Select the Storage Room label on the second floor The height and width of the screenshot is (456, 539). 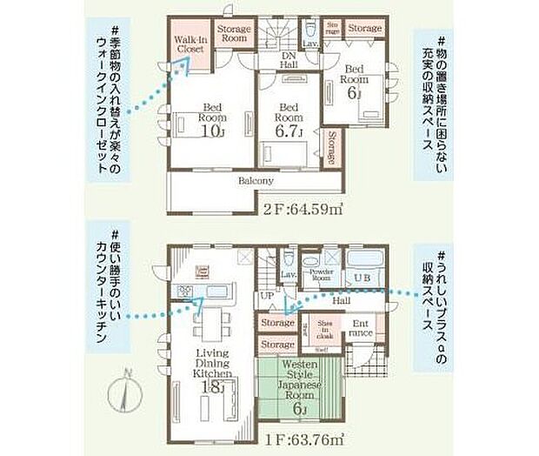pos(234,34)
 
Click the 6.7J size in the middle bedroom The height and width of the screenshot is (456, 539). pos(287,132)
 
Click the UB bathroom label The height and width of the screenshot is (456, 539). pos(362,278)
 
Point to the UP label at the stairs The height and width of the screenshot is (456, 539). pos(265,297)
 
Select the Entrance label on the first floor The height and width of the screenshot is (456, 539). pos(363,328)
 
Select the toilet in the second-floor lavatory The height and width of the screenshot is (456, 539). pos(309,29)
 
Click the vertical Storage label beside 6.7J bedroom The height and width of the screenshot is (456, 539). pos(334,145)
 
